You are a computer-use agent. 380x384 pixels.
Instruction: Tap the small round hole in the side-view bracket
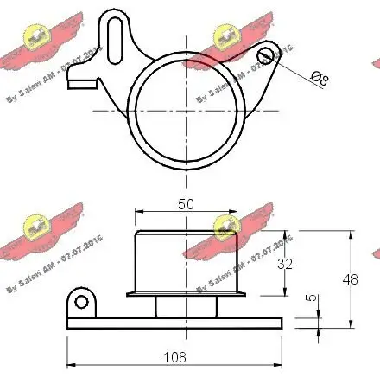coord(82,302)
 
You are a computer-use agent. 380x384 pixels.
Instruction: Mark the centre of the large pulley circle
coord(187,112)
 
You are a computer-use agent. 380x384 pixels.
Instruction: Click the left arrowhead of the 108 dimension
coord(70,364)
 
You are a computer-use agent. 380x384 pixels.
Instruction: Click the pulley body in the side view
coord(187,261)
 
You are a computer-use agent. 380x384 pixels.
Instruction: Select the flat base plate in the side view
coord(173,323)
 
